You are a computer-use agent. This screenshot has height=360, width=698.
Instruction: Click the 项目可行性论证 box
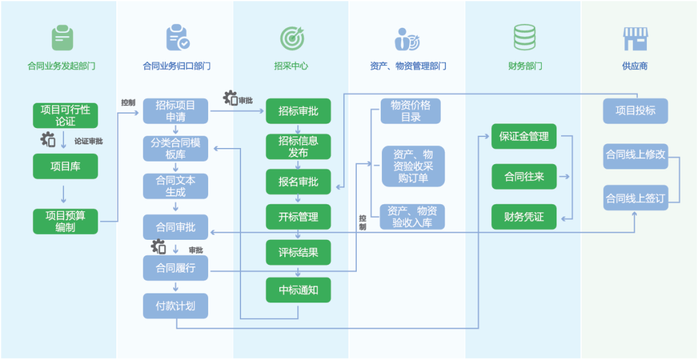click(x=65, y=115)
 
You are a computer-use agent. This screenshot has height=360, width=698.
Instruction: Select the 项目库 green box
click(x=65, y=166)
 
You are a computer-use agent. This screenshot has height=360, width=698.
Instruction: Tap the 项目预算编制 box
click(x=65, y=221)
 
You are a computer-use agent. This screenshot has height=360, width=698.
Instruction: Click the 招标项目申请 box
click(x=176, y=111)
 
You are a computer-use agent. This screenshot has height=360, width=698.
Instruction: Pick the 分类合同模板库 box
click(x=176, y=149)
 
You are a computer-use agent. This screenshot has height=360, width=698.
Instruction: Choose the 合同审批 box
click(x=176, y=227)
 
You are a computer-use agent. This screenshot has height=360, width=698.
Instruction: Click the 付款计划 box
click(x=176, y=306)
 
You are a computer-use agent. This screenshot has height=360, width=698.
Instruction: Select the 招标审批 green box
click(x=299, y=111)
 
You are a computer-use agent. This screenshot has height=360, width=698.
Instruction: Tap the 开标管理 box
click(x=299, y=217)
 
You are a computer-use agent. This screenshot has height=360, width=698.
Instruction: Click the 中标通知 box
click(x=299, y=290)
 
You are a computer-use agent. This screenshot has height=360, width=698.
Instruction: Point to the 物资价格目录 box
click(x=410, y=111)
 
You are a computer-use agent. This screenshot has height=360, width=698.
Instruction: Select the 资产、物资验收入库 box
click(x=412, y=217)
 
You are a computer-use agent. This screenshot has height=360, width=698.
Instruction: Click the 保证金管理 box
click(x=524, y=136)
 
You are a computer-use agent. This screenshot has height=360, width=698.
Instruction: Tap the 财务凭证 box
click(x=524, y=217)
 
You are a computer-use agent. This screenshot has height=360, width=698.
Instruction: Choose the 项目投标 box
click(x=635, y=111)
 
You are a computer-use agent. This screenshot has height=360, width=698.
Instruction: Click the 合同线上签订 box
click(x=635, y=198)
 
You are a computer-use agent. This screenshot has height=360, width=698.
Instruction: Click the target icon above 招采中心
click(x=291, y=39)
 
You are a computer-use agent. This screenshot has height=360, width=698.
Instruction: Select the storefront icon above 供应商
click(x=635, y=39)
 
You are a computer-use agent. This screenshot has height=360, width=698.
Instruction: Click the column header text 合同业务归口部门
click(x=176, y=66)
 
